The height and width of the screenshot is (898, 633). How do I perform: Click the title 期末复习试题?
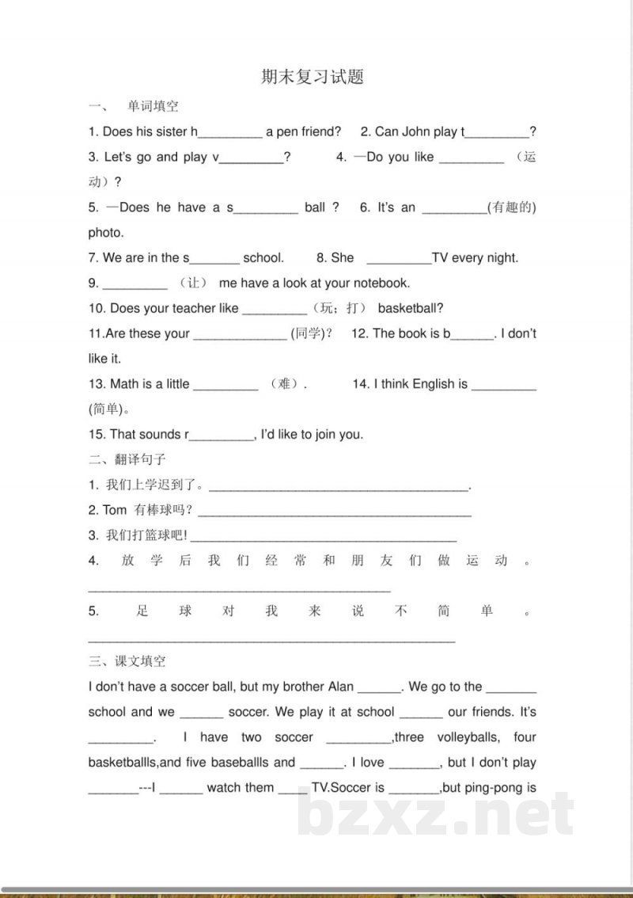click(x=313, y=77)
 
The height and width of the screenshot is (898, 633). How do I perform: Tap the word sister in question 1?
click(x=172, y=131)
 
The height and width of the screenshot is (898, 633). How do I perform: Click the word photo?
click(x=106, y=233)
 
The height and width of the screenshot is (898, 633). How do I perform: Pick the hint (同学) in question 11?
click(x=312, y=333)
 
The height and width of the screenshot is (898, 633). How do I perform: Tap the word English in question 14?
click(x=434, y=384)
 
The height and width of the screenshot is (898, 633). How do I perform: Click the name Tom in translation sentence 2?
click(x=115, y=510)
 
